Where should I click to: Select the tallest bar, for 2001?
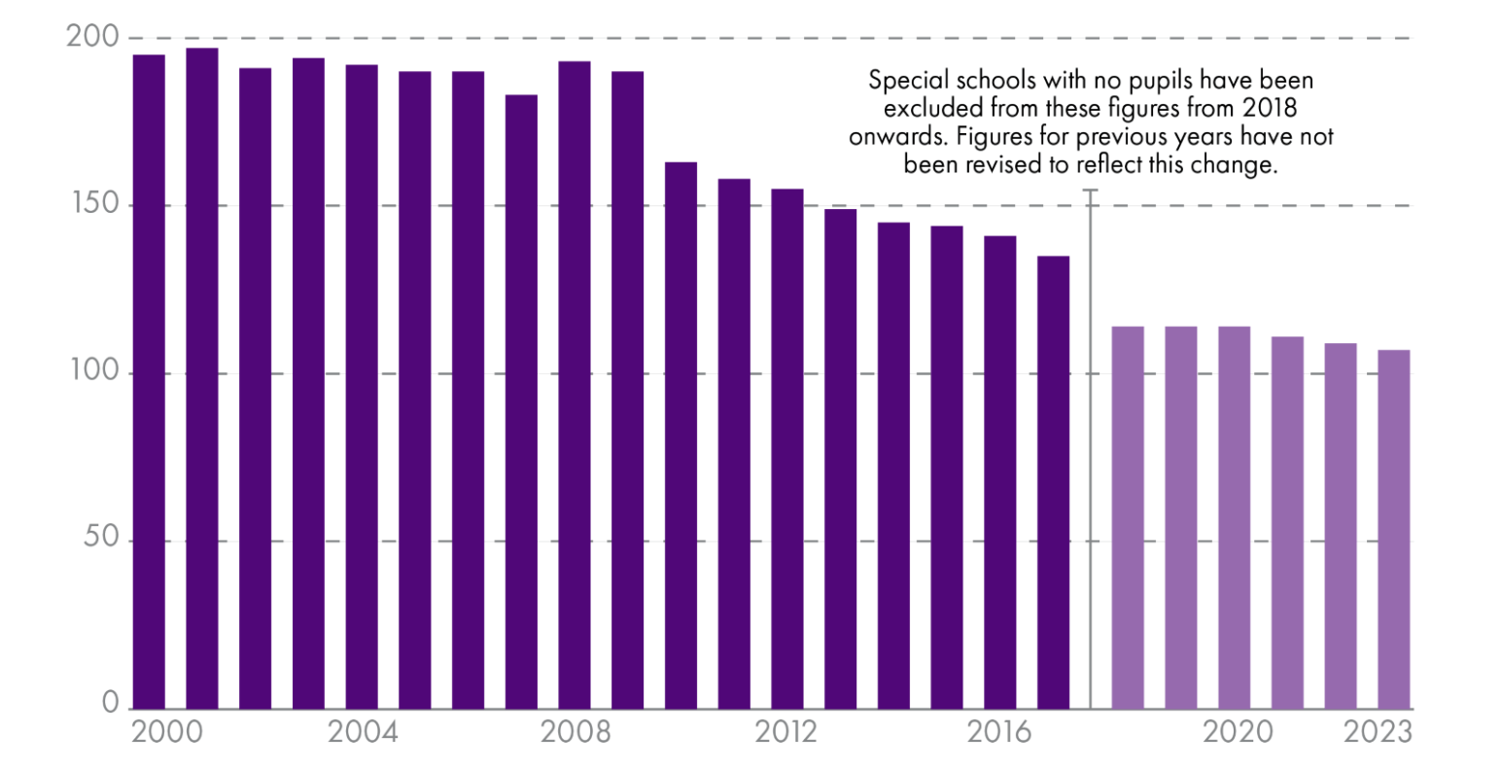202,378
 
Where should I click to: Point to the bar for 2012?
787,448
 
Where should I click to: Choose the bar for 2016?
1000,472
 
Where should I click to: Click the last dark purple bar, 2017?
1053,482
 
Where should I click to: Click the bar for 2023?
1394,529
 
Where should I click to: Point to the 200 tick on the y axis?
92,38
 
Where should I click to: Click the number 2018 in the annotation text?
1270,107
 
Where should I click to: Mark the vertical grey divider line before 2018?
1091,447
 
